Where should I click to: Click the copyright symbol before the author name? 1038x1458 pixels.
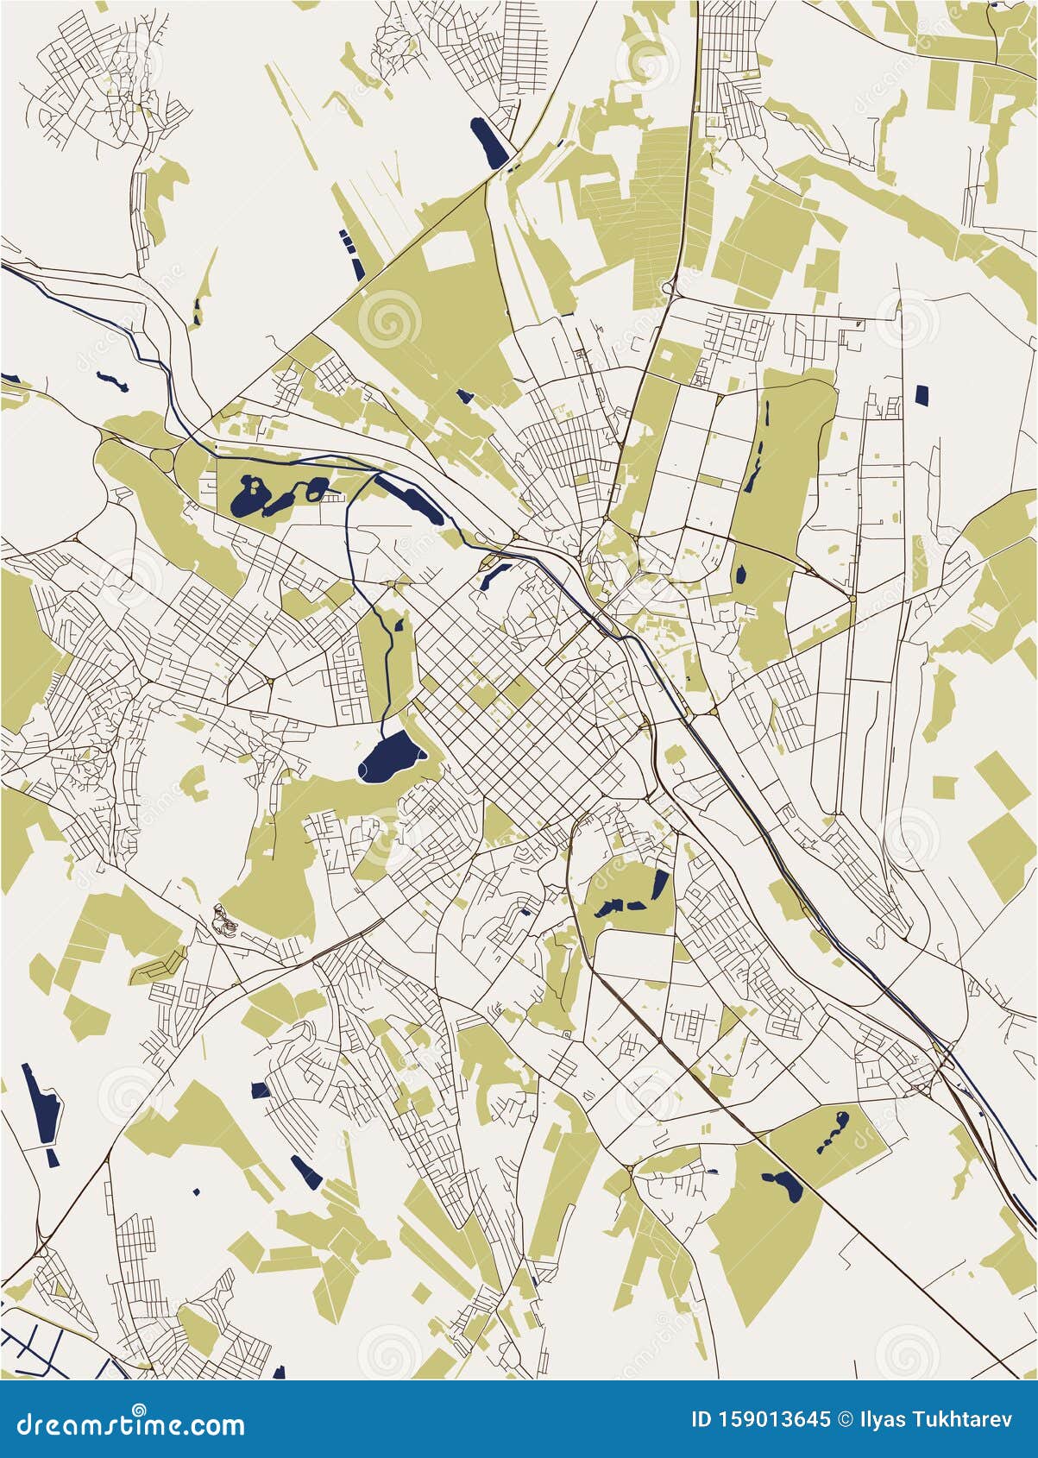click(847, 1419)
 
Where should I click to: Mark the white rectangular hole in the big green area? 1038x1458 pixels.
click(448, 250)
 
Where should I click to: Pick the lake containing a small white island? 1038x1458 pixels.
click(251, 496)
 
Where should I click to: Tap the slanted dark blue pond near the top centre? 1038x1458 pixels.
click(489, 143)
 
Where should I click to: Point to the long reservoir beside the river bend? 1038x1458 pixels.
click(409, 501)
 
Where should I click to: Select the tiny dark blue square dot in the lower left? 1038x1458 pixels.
click(197, 1191)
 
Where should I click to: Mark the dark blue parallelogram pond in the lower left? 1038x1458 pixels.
click(305, 1172)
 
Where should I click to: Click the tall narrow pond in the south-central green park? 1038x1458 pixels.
click(660, 884)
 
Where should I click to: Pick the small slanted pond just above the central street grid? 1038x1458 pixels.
click(493, 573)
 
